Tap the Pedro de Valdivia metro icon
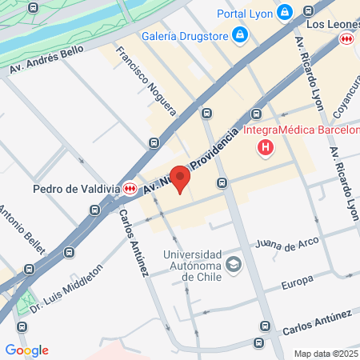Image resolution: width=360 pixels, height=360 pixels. pyautogui.click(x=130, y=189)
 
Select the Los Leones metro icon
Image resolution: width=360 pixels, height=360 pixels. pyautogui.click(x=346, y=38)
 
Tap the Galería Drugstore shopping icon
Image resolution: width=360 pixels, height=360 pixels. pyautogui.click(x=238, y=34)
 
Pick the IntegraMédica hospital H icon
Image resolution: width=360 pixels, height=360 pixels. pyautogui.click(x=266, y=147)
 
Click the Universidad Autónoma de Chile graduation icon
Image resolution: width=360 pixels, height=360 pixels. pyautogui.click(x=234, y=265)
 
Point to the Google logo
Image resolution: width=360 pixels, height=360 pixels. pyautogui.click(x=26, y=350)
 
